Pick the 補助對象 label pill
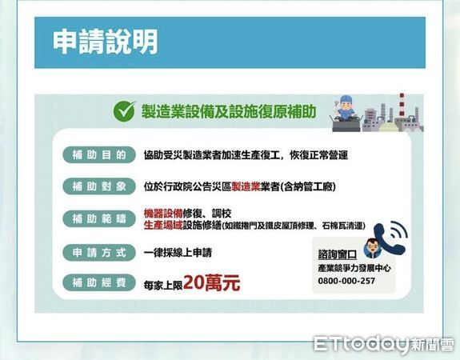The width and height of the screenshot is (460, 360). (94, 186)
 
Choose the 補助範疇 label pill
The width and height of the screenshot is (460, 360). (94, 218)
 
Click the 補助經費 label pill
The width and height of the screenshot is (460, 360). (94, 282)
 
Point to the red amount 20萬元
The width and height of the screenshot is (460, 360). (211, 282)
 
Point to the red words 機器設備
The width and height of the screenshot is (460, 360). (162, 213)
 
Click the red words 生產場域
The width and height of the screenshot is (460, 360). (162, 226)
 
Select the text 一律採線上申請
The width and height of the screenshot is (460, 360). (178, 251)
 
